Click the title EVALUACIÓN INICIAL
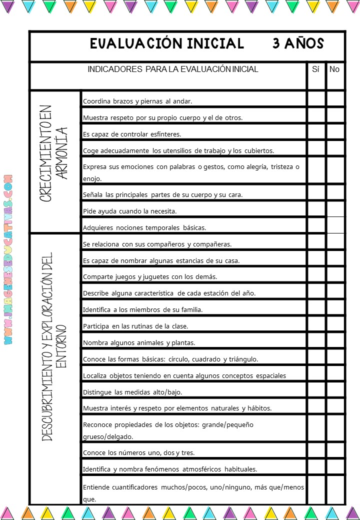167,44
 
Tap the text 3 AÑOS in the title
298,44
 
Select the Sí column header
315,69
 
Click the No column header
334,69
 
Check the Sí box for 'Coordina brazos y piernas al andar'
316,99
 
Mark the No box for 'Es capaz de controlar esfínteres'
335,132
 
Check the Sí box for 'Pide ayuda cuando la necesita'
316,209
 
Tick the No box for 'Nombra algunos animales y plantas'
335,341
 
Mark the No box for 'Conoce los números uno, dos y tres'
335,451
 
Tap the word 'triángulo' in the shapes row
242,359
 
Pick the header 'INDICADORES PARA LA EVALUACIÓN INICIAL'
173,69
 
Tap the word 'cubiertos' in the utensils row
259,151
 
